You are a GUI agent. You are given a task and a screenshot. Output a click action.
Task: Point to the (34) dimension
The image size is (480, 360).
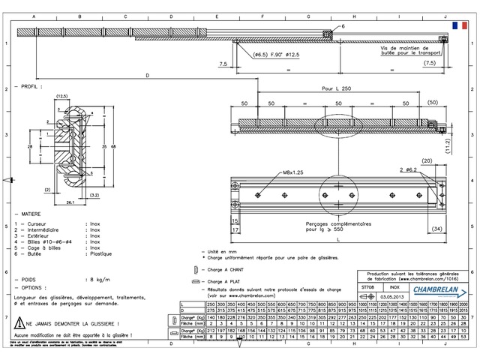[436, 228]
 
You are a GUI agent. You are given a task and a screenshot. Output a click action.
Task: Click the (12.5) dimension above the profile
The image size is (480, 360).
[61, 95]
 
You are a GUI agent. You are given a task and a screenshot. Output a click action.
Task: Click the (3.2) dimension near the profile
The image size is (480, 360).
[94, 195]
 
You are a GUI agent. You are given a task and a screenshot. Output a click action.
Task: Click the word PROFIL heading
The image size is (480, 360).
[31, 87]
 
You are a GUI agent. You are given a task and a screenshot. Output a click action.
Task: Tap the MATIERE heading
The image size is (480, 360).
[32, 213]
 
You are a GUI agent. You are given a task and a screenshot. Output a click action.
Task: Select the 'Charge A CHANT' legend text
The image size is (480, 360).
[224, 268]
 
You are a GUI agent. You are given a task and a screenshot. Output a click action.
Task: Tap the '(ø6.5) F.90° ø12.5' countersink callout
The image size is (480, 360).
[276, 55]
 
